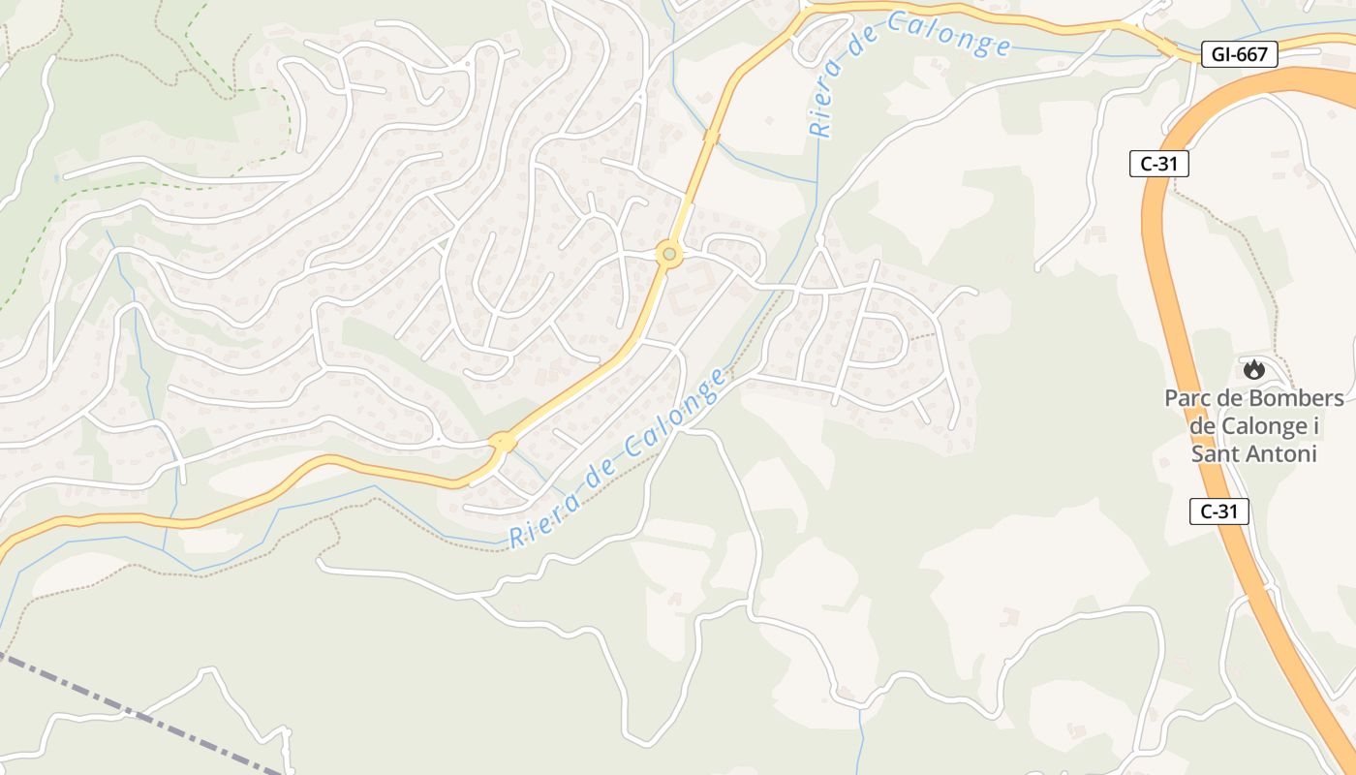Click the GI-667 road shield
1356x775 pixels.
point(1239,54)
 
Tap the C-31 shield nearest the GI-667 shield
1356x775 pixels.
point(1158,164)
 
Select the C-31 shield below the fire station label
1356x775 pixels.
point(1218,511)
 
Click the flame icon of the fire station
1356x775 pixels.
point(1253,369)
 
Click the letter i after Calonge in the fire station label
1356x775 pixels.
point(1315,426)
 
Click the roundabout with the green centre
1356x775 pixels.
point(668,255)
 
